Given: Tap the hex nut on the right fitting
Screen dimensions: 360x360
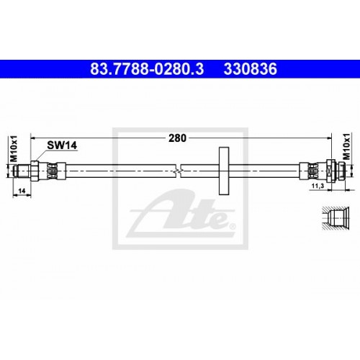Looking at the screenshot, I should tap(330, 171).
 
